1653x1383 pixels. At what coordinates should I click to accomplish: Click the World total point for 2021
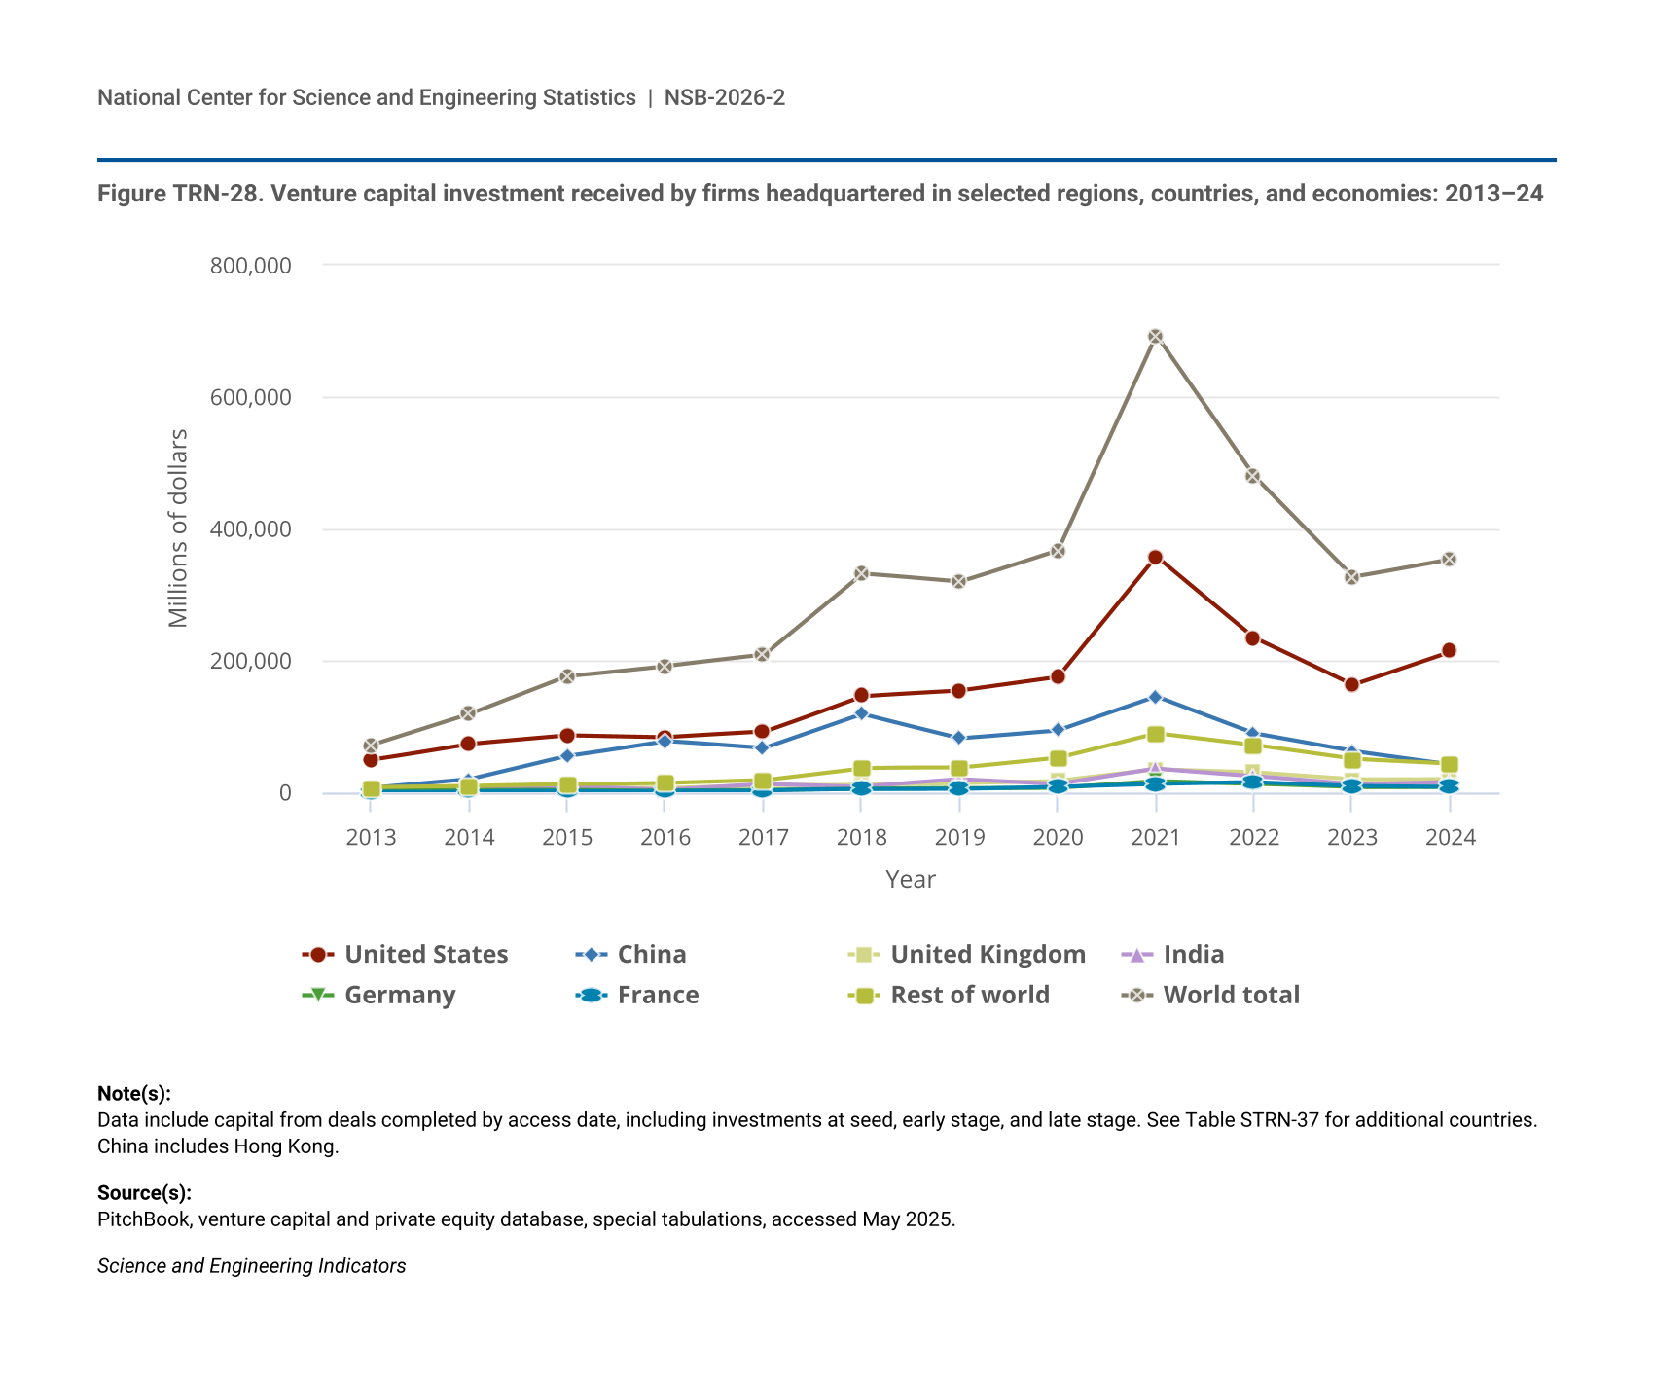click(1155, 337)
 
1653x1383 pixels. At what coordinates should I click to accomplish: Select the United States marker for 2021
click(1155, 558)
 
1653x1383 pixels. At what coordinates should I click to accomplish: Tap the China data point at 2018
click(861, 713)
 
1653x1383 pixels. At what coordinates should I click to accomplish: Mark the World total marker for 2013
click(371, 746)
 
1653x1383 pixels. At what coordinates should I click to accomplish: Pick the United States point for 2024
click(1449, 650)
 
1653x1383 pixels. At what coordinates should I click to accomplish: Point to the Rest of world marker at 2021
click(1155, 734)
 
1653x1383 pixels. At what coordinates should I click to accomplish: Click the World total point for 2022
click(1253, 476)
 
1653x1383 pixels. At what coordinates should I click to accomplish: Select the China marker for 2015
click(567, 756)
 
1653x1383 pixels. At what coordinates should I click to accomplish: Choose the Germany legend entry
click(379, 996)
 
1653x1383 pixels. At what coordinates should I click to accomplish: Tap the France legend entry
click(637, 996)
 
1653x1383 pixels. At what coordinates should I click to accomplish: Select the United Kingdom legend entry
click(967, 955)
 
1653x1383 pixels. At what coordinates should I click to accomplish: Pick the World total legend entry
click(1210, 996)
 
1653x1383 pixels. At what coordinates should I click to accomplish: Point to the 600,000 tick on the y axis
click(251, 397)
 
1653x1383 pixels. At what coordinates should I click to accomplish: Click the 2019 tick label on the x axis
click(959, 838)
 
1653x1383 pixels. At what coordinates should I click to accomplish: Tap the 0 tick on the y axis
click(285, 793)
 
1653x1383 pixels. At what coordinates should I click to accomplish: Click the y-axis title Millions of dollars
click(177, 528)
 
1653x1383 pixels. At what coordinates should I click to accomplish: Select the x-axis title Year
click(911, 880)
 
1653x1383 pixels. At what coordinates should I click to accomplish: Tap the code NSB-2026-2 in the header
click(725, 97)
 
